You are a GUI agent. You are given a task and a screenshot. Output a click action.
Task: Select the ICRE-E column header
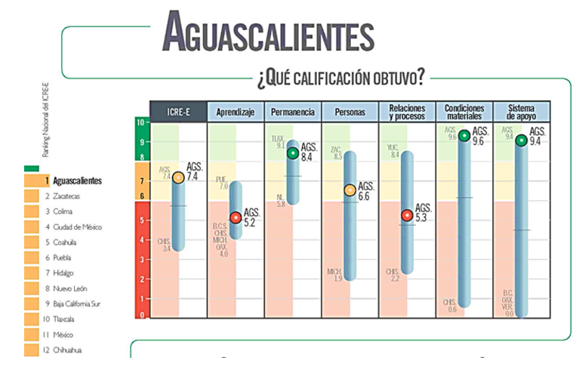[x=177, y=112]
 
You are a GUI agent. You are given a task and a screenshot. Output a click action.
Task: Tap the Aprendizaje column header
[x=235, y=112]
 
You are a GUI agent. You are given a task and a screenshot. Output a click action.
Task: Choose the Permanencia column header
[x=292, y=112]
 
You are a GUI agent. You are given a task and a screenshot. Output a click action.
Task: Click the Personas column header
[x=349, y=112]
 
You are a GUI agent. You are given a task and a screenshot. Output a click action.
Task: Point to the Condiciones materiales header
[x=464, y=112]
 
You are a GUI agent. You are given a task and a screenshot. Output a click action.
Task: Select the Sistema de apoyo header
[x=522, y=112]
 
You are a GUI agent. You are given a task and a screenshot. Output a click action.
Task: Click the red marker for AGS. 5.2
[x=236, y=217]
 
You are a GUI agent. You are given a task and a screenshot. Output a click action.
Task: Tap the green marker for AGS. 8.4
[x=293, y=153]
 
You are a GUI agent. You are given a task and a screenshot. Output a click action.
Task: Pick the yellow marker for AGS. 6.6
[x=350, y=190]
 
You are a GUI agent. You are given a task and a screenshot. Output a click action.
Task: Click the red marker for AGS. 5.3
[x=407, y=215]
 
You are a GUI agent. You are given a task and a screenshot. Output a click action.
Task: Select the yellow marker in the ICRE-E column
[x=178, y=177]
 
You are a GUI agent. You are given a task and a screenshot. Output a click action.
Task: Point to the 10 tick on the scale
[x=140, y=122]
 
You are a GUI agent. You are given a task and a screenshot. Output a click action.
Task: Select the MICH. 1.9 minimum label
[x=334, y=275]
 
